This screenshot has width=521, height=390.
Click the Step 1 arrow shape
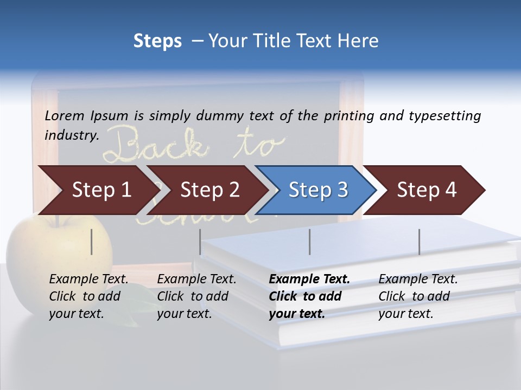[x=98, y=190]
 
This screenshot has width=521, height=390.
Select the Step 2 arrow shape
[x=209, y=190]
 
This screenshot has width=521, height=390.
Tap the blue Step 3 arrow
[x=317, y=190]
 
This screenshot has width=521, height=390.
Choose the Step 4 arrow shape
[x=426, y=190]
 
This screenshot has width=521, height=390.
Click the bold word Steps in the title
[x=157, y=41]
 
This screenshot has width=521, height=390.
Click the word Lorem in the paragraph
[x=65, y=115]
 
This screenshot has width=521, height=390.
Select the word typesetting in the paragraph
[x=444, y=116]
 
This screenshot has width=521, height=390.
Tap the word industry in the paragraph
[x=71, y=135]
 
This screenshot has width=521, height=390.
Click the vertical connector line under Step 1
[x=92, y=242]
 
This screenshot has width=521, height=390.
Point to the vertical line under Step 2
[x=200, y=242]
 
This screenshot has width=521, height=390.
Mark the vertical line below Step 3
[x=310, y=242]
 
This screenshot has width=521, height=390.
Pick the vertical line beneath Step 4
[x=419, y=242]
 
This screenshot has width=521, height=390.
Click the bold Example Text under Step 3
[x=309, y=279]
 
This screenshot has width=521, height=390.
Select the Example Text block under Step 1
[x=88, y=296]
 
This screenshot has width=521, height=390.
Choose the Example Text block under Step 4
[x=418, y=296]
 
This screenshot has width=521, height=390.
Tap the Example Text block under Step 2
[x=196, y=296]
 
